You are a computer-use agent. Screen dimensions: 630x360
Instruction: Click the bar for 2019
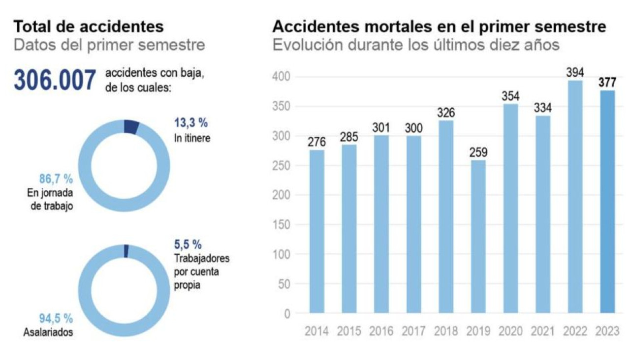point(478,237)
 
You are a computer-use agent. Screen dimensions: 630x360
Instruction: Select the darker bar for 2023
point(607,202)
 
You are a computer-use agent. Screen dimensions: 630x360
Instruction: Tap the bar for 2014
point(316,231)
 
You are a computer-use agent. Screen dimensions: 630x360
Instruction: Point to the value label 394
point(575,72)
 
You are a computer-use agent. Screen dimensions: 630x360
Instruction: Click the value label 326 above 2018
point(446,113)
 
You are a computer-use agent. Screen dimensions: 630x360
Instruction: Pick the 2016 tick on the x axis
point(381,331)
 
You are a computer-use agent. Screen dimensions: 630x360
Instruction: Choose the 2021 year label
point(542,331)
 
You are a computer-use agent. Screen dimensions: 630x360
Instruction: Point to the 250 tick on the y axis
point(281,166)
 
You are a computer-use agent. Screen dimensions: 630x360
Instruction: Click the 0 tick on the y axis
point(287,314)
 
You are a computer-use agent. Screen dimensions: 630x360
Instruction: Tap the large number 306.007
point(55,80)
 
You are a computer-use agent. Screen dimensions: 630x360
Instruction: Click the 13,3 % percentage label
point(191,123)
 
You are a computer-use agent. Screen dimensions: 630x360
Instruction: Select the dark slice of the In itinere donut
point(131,127)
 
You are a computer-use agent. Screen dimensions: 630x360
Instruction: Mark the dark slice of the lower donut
point(126,251)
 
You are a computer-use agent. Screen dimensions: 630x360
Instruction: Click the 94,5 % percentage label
point(56,318)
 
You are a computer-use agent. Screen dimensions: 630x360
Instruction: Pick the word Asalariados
point(48,332)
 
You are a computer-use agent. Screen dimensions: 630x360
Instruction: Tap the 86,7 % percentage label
point(56,179)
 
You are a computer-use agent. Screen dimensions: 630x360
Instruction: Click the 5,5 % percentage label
point(188,244)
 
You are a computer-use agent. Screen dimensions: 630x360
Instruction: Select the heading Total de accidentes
point(89,27)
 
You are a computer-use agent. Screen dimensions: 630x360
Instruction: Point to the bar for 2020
point(510,208)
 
